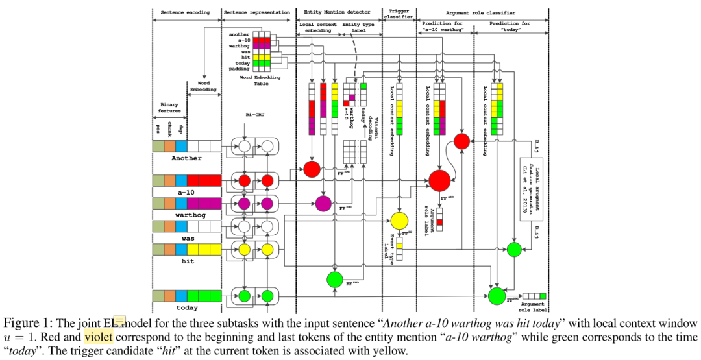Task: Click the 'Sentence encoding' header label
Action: (185, 12)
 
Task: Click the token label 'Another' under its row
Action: (186, 158)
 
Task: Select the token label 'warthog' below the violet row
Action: (186, 214)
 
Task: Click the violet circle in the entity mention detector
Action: (323, 203)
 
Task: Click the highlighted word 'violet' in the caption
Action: (98, 337)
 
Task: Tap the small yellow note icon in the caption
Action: (121, 318)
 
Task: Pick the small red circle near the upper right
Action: (461, 141)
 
